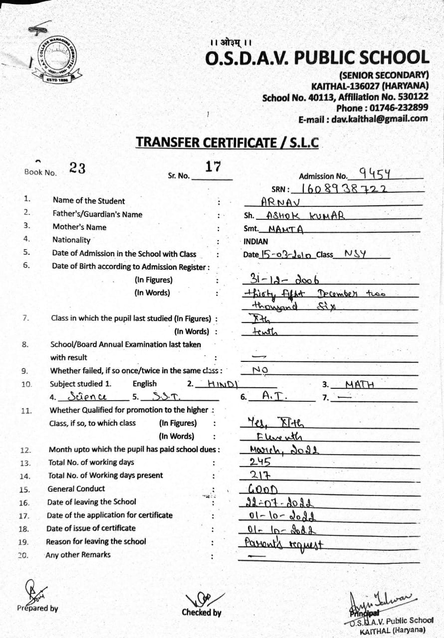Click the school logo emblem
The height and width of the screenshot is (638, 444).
point(59,61)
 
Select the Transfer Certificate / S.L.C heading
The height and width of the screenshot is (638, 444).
point(227,142)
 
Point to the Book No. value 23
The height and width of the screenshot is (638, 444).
point(77,168)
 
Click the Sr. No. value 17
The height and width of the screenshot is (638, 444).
point(213,166)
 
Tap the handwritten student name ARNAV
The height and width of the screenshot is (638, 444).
point(279,202)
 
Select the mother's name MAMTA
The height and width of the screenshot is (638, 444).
point(286,229)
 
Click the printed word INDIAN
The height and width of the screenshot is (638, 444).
point(255,241)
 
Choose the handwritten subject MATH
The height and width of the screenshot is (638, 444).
point(360,384)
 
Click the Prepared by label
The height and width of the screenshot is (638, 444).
point(37,608)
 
